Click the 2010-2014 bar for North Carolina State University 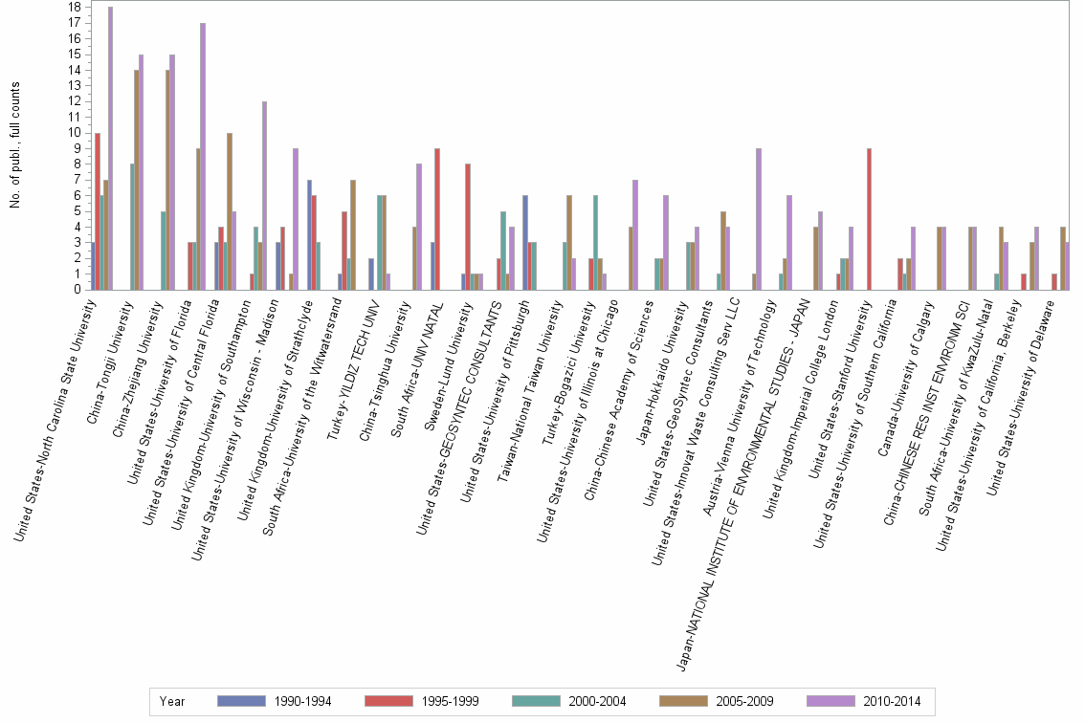click(110, 148)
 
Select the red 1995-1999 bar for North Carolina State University click(98, 210)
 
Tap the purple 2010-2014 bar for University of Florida click(203, 156)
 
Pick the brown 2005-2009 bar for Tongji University click(137, 180)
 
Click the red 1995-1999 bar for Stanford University click(869, 219)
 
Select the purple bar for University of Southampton click(264, 195)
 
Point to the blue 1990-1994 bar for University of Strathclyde click(309, 234)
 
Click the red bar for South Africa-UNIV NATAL click(437, 219)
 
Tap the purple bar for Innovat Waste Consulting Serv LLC click(758, 219)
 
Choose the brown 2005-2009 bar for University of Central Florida click(229, 211)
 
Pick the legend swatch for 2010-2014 click(830, 701)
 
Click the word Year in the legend click(172, 701)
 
